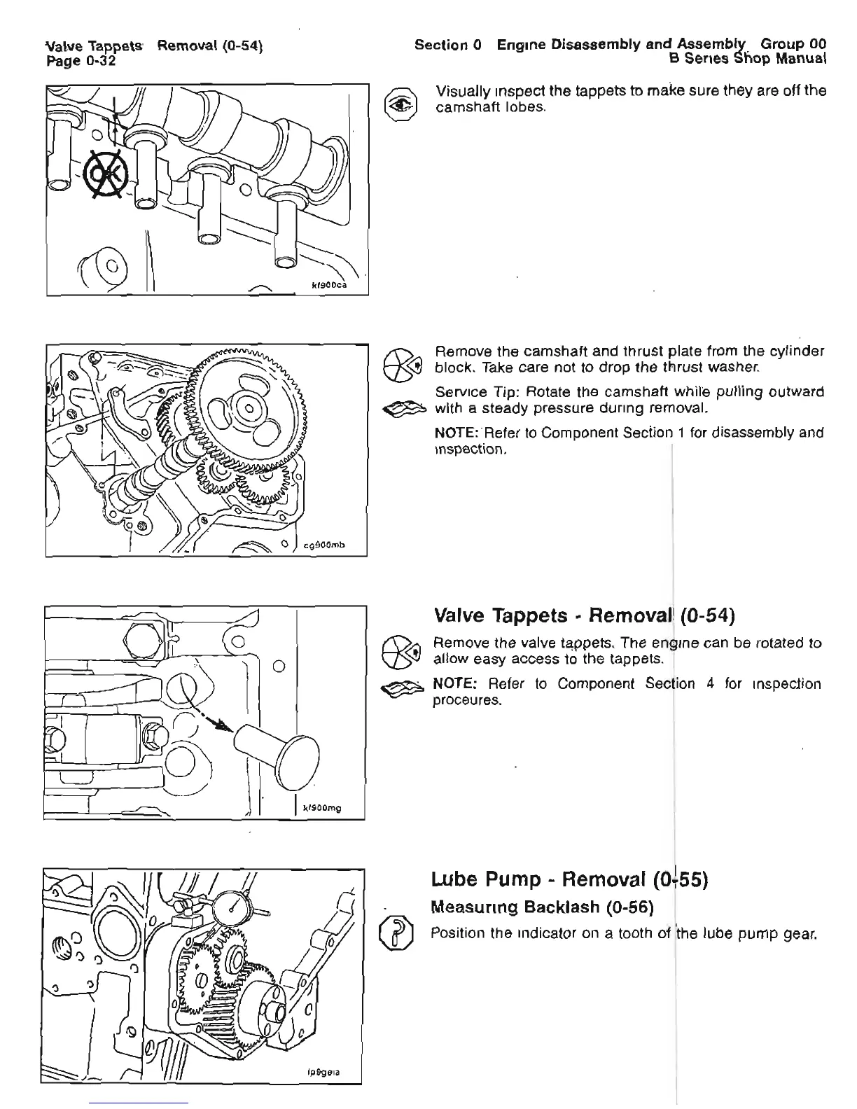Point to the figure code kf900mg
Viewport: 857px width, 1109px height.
click(321, 809)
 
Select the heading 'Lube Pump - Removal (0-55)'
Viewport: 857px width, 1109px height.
click(570, 879)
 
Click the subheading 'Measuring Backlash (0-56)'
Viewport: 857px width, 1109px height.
click(542, 907)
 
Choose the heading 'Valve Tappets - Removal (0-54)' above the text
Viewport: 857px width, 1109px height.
click(584, 615)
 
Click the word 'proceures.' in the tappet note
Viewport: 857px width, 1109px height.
click(468, 700)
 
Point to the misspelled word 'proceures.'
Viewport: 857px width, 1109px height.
click(468, 700)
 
